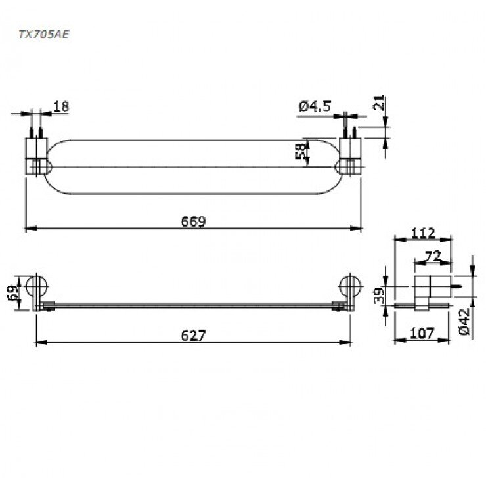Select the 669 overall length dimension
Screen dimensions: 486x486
193,221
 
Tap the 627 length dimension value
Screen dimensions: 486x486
193,335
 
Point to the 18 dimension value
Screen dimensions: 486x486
61,106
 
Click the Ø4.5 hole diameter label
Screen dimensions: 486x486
314,106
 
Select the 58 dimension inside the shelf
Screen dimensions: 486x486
301,152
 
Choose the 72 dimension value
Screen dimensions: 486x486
432,255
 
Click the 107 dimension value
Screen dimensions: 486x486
421,334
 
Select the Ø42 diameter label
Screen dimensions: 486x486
465,322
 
